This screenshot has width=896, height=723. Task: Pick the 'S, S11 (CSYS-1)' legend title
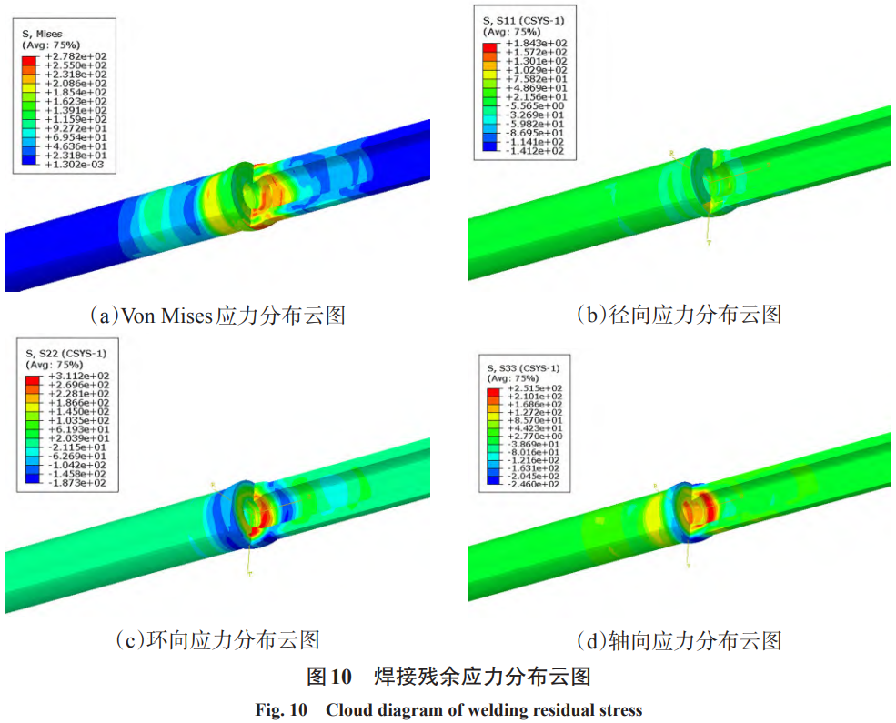[x=521, y=21]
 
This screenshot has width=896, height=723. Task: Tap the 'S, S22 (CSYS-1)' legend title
[x=66, y=353]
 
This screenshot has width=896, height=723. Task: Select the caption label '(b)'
[x=592, y=316]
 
